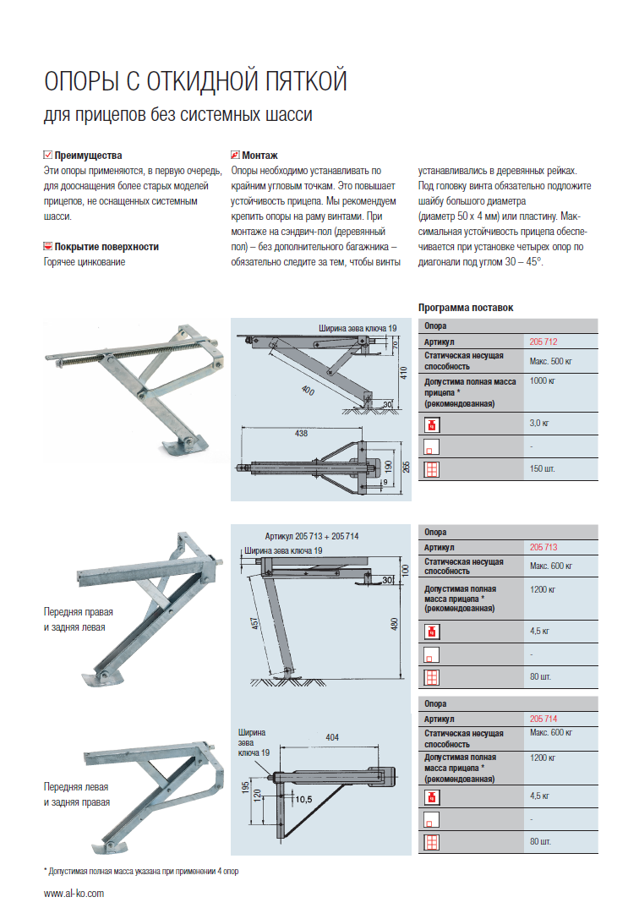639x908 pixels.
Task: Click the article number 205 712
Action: click(x=543, y=342)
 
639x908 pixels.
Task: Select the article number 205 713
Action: click(x=543, y=547)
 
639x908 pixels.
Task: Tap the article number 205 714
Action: click(x=543, y=719)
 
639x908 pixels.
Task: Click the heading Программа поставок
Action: click(x=466, y=308)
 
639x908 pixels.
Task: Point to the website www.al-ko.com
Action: click(x=74, y=893)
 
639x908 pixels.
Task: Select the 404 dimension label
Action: click(x=331, y=737)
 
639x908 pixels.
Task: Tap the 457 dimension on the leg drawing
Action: click(x=257, y=625)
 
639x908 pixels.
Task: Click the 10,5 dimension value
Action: click(x=302, y=798)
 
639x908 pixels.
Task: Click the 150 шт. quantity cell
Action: click(x=541, y=468)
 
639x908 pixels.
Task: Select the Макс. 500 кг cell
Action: click(x=551, y=362)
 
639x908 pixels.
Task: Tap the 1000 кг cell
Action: click(x=542, y=382)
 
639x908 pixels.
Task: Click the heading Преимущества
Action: click(x=88, y=156)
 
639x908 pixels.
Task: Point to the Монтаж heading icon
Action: click(x=235, y=156)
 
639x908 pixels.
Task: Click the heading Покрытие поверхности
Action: click(x=106, y=247)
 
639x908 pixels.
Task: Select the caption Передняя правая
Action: click(x=79, y=610)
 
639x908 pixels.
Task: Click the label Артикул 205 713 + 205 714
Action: click(x=311, y=536)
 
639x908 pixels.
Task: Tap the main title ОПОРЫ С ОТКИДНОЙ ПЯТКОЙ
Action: click(x=195, y=82)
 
